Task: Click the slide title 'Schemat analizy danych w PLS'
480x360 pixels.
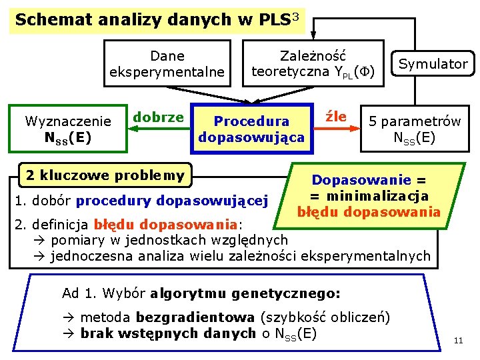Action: (150, 19)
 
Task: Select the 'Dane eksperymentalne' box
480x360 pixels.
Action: (167, 63)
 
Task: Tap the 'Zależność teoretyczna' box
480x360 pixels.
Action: (313, 63)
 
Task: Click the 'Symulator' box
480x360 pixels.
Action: (433, 64)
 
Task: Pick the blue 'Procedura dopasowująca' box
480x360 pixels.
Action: (251, 129)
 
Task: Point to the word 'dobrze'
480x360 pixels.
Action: (158, 117)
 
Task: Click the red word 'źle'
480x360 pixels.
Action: (335, 117)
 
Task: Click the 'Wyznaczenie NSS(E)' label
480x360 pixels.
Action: (67, 129)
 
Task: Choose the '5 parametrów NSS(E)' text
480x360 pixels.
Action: (415, 129)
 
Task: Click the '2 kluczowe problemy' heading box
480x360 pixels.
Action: (105, 175)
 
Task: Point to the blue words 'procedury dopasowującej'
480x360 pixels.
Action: (172, 200)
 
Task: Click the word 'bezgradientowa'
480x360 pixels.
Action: (195, 317)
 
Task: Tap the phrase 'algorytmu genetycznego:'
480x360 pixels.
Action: (245, 293)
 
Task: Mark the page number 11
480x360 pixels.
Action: (458, 341)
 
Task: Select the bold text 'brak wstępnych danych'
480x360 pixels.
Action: (168, 333)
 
